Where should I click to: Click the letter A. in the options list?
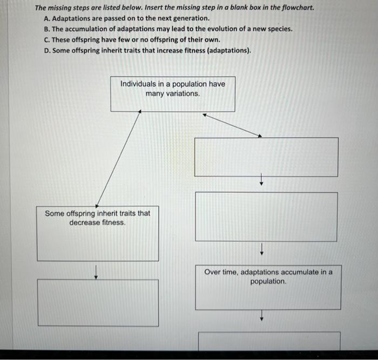point(48,18)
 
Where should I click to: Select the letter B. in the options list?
point(48,29)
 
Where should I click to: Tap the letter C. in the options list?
point(48,39)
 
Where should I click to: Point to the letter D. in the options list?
point(48,50)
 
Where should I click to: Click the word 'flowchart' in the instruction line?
point(296,8)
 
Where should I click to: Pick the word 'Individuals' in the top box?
point(139,84)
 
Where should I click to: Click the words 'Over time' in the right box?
point(220,272)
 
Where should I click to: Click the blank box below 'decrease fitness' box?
point(98,302)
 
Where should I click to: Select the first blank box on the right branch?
point(266,157)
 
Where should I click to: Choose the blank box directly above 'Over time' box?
point(266,216)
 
